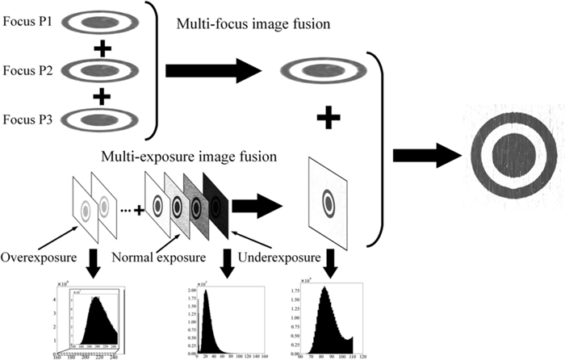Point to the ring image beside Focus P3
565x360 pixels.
click(x=102, y=121)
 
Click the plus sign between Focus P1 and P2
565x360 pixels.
click(x=102, y=47)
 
